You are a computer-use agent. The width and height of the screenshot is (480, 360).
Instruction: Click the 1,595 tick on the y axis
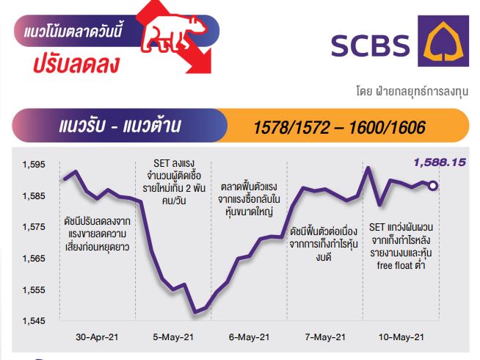pyautogui.click(x=34, y=165)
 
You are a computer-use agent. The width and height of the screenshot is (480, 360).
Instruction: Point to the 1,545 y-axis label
pyautogui.click(x=34, y=321)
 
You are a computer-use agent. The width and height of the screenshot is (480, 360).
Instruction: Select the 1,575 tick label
pyautogui.click(x=34, y=227)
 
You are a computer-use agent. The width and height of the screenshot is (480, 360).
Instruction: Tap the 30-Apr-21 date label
pyautogui.click(x=97, y=337)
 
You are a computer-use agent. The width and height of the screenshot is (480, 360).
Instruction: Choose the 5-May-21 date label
pyautogui.click(x=173, y=337)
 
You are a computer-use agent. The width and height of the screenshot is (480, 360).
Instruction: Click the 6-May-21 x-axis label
pyautogui.click(x=250, y=337)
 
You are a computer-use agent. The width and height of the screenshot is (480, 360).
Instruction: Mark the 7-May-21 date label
pyautogui.click(x=325, y=337)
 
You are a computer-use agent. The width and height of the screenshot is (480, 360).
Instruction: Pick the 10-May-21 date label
pyautogui.click(x=401, y=337)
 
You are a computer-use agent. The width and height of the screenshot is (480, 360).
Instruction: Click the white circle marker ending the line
pyautogui.click(x=433, y=186)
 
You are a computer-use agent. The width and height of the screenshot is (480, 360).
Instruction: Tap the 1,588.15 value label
pyautogui.click(x=440, y=162)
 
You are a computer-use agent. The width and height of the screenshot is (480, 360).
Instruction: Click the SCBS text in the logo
pyautogui.click(x=370, y=46)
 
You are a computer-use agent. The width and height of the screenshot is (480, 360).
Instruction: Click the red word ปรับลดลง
pyautogui.click(x=76, y=65)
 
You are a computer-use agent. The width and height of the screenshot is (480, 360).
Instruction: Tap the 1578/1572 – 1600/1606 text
pyautogui.click(x=340, y=127)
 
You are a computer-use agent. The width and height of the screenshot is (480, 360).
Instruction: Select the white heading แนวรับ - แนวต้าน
pyautogui.click(x=120, y=126)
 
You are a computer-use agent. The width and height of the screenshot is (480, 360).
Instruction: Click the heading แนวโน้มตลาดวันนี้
pyautogui.click(x=73, y=32)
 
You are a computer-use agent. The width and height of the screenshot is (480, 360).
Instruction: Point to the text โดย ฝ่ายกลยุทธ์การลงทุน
pyautogui.click(x=412, y=91)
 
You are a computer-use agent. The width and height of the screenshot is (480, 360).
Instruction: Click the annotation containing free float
pyautogui.click(x=401, y=246)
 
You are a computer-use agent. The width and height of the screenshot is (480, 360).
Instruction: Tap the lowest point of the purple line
pyautogui.click(x=195, y=312)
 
